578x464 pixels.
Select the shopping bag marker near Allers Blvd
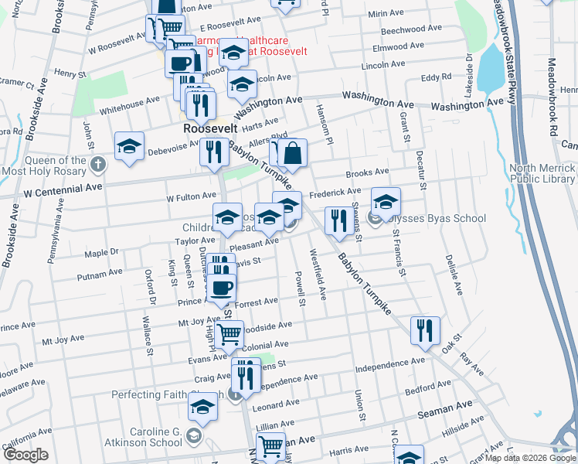(293, 153)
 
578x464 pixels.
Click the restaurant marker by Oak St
(424, 330)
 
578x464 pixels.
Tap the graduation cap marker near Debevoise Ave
(129, 146)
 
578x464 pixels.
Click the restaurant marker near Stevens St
(337, 220)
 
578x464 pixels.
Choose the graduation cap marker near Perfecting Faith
(203, 406)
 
